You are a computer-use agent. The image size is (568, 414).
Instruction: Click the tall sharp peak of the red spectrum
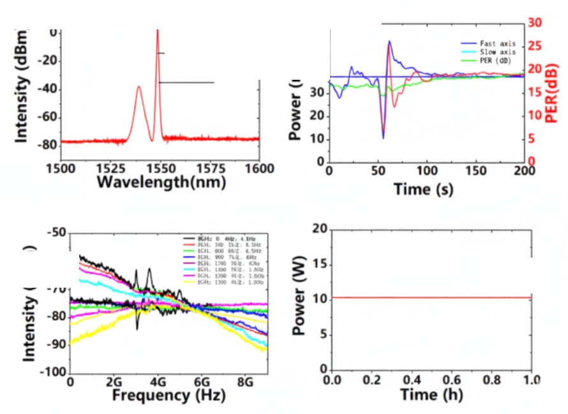[x=157, y=32]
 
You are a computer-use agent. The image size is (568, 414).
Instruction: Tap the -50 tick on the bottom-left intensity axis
[x=56, y=233]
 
